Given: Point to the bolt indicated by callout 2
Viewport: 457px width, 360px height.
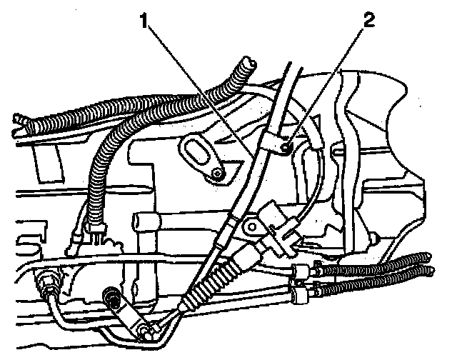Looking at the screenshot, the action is click(x=284, y=148).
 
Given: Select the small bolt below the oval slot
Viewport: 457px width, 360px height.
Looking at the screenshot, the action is click(x=217, y=174).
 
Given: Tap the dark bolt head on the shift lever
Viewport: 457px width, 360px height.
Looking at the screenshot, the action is click(x=113, y=294).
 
